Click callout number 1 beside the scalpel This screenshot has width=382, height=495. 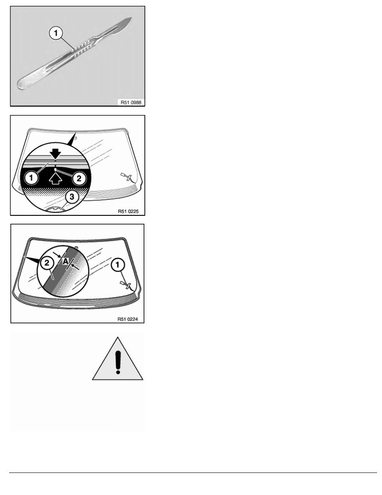pyautogui.click(x=56, y=33)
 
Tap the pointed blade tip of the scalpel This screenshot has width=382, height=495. pyautogui.click(x=131, y=17)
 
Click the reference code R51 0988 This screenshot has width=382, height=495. pyautogui.click(x=131, y=102)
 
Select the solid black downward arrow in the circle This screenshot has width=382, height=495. pyautogui.click(x=56, y=154)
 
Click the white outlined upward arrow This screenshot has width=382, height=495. pyautogui.click(x=56, y=179)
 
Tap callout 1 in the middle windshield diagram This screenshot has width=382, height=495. pyautogui.click(x=31, y=178)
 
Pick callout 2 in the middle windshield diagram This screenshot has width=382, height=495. pyautogui.click(x=79, y=178)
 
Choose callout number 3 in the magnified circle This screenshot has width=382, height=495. pyautogui.click(x=72, y=197)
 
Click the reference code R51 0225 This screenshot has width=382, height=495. pyautogui.click(x=128, y=211)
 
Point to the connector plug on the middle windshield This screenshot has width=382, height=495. pyautogui.click(x=127, y=177)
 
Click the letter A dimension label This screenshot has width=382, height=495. pyautogui.click(x=65, y=261)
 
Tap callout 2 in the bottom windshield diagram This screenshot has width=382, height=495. pyautogui.click(x=47, y=262)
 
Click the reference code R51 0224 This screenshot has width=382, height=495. pyautogui.click(x=128, y=319)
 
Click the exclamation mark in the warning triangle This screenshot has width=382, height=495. pyautogui.click(x=118, y=363)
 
